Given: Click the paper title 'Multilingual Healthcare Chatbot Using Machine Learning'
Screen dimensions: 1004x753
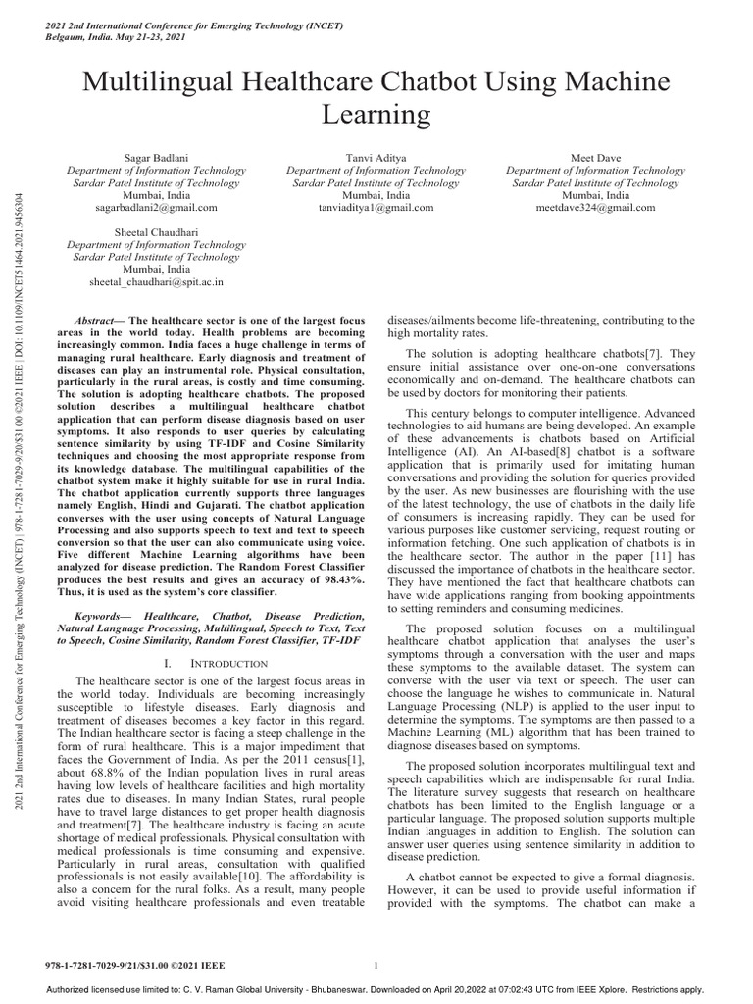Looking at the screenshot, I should point(376,95).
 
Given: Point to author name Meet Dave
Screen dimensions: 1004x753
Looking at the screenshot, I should point(595,157).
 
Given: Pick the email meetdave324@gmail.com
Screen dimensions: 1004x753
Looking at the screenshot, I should point(595,208).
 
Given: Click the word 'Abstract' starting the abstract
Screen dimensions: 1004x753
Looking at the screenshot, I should point(98,322).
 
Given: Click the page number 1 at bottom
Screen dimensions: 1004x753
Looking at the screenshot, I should point(377,966).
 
